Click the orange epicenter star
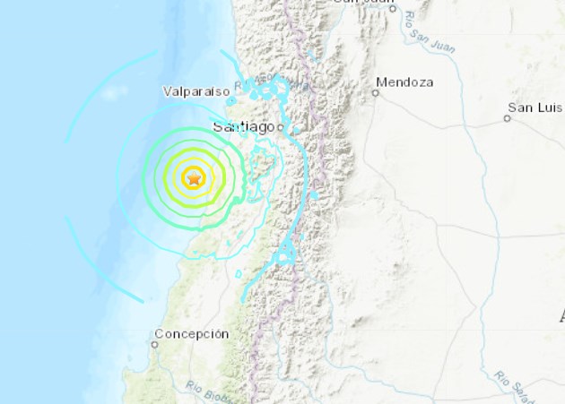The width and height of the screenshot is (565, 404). [194, 178]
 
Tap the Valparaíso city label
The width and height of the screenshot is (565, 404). [197, 90]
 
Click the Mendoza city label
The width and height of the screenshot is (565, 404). [404, 82]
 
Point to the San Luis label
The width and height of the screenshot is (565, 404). [535, 107]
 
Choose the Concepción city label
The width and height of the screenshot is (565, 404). [191, 334]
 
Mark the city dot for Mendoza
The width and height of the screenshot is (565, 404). [375, 92]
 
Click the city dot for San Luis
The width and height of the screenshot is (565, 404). [507, 118]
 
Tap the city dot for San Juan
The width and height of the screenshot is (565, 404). [392, 8]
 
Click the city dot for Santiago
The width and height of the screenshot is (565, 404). [280, 128]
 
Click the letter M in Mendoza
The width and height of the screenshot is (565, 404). [382, 82]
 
